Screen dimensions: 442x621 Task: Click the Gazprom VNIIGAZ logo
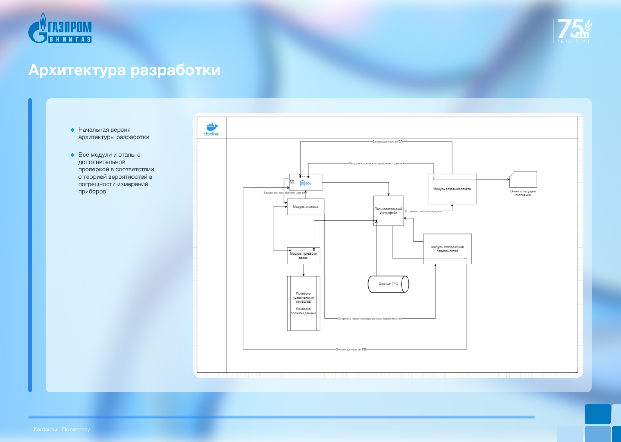[60, 28]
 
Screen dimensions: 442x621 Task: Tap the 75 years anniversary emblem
[573, 30]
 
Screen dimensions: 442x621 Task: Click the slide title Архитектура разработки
[124, 70]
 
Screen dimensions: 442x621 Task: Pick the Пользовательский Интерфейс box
[388, 211]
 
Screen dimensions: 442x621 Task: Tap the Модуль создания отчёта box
[452, 189]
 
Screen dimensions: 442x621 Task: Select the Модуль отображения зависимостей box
[447, 249]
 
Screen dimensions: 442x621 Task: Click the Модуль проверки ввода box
[303, 256]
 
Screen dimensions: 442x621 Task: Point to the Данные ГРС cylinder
[388, 284]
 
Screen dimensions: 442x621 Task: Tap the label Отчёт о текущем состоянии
[523, 193]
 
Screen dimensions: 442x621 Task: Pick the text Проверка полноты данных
[303, 311]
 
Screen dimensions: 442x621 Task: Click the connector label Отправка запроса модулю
[423, 211]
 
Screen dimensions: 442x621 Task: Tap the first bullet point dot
[72, 130]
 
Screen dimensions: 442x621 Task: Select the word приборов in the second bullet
[92, 192]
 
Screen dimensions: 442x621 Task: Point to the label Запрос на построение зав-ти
[284, 193]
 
